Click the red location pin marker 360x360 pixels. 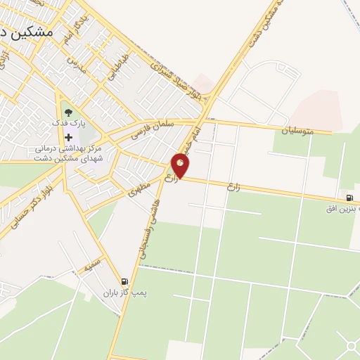(x=181, y=165)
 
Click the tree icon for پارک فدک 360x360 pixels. (x=67, y=111)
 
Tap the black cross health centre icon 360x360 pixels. (x=68, y=137)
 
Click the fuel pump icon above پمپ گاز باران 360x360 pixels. (x=124, y=281)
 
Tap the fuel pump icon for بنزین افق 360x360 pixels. (x=349, y=198)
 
